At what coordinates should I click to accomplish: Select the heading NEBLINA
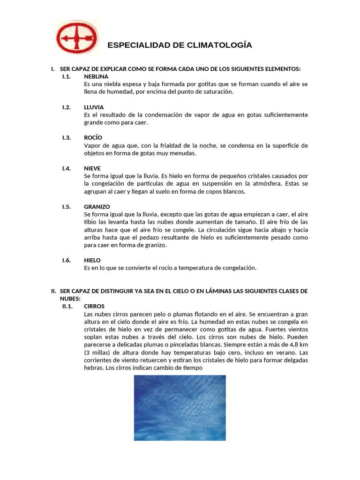point(96,76)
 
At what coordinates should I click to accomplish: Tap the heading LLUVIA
point(94,107)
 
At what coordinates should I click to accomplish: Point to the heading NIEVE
point(92,168)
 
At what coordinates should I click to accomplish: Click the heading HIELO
point(92,260)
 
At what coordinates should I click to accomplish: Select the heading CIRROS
point(94,306)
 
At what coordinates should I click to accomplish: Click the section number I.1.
point(66,76)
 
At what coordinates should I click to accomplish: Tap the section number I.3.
point(66,137)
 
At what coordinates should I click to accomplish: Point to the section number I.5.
point(66,206)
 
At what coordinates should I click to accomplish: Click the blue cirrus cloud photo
point(180,407)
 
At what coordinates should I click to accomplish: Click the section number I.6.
point(66,260)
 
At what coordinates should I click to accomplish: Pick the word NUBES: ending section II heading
point(70,299)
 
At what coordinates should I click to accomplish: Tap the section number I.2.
point(66,107)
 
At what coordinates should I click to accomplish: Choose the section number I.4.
point(66,168)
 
